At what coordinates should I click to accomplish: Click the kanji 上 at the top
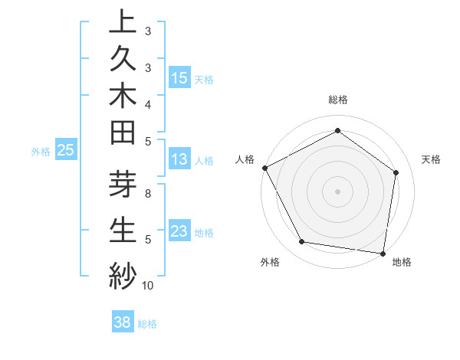(x=122, y=21)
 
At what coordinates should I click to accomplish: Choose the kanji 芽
(x=122, y=186)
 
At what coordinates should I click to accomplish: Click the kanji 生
(x=122, y=230)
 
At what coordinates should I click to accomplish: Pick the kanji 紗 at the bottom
(x=122, y=273)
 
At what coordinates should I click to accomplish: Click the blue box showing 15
(x=179, y=77)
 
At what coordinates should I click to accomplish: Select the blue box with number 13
(x=179, y=159)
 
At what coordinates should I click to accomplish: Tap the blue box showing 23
(x=179, y=231)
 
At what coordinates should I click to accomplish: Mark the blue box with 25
(x=65, y=151)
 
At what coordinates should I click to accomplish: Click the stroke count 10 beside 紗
(x=147, y=286)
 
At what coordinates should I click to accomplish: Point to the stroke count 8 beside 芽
(x=147, y=194)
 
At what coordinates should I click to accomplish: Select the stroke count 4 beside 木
(x=147, y=103)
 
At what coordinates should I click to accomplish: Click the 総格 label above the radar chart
(x=338, y=100)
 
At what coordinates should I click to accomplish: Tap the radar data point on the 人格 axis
(x=264, y=167)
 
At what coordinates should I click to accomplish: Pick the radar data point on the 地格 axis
(x=383, y=252)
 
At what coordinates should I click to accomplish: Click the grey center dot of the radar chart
(x=338, y=191)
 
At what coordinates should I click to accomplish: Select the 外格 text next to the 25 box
(x=41, y=152)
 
